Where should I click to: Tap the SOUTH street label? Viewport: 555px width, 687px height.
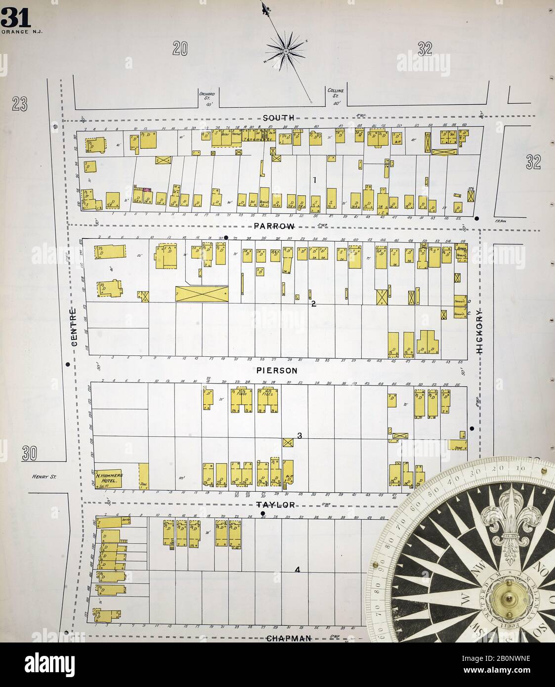[x=279, y=118]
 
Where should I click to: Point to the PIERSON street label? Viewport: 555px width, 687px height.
[x=277, y=370]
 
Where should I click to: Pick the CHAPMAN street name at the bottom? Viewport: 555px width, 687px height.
[x=289, y=638]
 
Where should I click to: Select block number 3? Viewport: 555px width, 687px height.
[x=299, y=436]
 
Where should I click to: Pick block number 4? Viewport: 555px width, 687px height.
[x=298, y=570]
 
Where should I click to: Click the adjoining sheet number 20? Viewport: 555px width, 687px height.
[x=180, y=48]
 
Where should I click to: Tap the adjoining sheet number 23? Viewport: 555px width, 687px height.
[x=20, y=104]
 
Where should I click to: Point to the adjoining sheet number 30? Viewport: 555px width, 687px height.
[x=30, y=453]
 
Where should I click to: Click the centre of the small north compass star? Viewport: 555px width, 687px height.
[x=286, y=50]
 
